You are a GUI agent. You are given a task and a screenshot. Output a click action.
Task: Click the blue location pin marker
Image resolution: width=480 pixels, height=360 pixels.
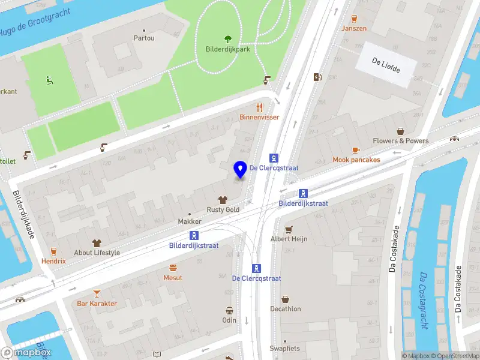click(241, 170)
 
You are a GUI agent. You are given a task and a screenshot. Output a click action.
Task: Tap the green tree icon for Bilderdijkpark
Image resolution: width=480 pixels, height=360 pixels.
click(227, 38)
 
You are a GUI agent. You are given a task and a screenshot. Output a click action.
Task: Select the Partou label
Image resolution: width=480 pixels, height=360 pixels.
click(143, 38)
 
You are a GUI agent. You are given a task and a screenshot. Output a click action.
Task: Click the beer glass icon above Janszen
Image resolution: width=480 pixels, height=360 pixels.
click(354, 18)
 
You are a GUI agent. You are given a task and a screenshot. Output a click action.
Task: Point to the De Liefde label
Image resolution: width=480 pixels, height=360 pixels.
click(385, 61)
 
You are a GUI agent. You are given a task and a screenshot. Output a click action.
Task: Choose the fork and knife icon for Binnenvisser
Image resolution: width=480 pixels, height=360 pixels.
click(259, 107)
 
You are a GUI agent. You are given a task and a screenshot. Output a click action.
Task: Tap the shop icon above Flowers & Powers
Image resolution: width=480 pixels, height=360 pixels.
click(400, 131)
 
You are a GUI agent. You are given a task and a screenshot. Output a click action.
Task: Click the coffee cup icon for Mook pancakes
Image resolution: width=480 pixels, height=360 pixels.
click(356, 150)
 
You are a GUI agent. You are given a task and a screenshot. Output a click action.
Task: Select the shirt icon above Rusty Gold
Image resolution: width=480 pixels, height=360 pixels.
click(223, 200)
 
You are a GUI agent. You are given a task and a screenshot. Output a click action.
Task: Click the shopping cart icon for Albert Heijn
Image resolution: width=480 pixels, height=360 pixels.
click(289, 229)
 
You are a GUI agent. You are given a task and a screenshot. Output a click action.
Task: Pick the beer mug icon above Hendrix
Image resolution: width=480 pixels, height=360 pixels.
click(53, 252)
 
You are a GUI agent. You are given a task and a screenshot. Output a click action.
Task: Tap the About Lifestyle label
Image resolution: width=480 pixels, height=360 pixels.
click(97, 253)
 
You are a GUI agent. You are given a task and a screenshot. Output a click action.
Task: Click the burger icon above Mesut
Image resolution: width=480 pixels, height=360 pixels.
click(173, 268)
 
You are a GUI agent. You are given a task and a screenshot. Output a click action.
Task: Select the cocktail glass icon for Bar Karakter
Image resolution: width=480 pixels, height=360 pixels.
click(97, 293)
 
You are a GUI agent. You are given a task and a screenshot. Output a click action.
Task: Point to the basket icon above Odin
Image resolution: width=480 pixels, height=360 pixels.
click(229, 310)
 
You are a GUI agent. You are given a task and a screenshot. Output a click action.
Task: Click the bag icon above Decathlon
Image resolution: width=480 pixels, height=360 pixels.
click(285, 299)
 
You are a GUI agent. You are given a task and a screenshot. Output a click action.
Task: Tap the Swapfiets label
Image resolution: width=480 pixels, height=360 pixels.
click(284, 349)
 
